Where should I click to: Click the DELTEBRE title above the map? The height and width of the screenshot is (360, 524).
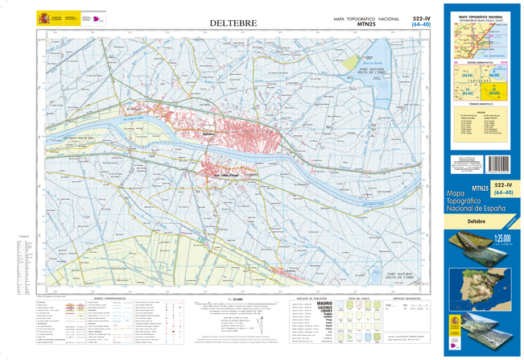pyautogui.click(x=233, y=23)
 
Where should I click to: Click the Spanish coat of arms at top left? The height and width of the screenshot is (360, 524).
pyautogui.click(x=43, y=17)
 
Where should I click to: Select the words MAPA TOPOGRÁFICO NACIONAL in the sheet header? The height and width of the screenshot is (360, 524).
pyautogui.click(x=366, y=18)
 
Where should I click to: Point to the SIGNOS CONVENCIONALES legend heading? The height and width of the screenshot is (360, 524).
pyautogui.click(x=106, y=297)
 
